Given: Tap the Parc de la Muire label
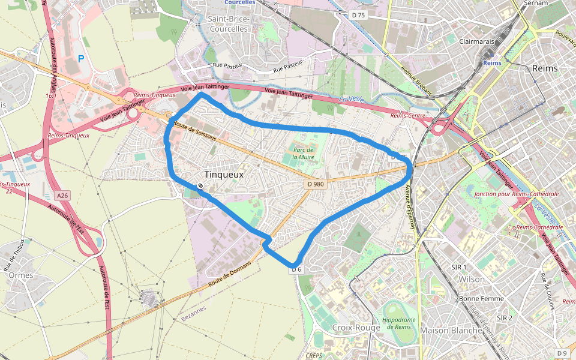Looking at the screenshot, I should pos(304,152).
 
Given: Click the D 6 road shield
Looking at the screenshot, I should pos(296,270).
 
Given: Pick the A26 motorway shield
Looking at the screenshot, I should pos(62,196).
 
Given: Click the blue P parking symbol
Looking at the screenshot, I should pos(81,59).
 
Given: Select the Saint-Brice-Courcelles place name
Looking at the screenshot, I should pos(228,24).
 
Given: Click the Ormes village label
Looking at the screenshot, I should pos(21,275).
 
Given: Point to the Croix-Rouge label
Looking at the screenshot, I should pos(356,328).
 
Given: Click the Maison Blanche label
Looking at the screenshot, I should pos(451,330).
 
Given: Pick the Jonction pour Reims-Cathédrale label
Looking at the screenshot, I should pos(516,194).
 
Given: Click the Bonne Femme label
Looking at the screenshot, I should pos(481,298).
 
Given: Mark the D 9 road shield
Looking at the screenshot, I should pos(562,353).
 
